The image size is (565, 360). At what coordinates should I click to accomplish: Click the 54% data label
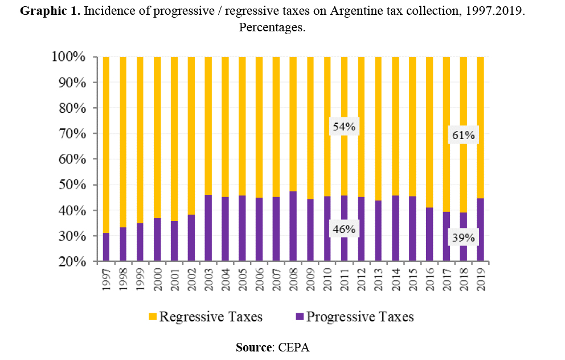(344, 127)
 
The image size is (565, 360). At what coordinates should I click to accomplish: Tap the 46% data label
(344, 230)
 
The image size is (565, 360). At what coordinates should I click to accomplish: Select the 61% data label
(463, 136)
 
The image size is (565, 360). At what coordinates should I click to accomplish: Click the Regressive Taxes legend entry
(205, 317)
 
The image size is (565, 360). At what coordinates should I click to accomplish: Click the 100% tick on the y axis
(70, 57)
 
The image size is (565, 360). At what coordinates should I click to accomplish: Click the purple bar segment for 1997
(106, 248)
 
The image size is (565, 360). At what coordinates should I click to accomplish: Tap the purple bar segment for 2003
(208, 228)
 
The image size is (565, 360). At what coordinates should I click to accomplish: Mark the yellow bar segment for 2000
(157, 137)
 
